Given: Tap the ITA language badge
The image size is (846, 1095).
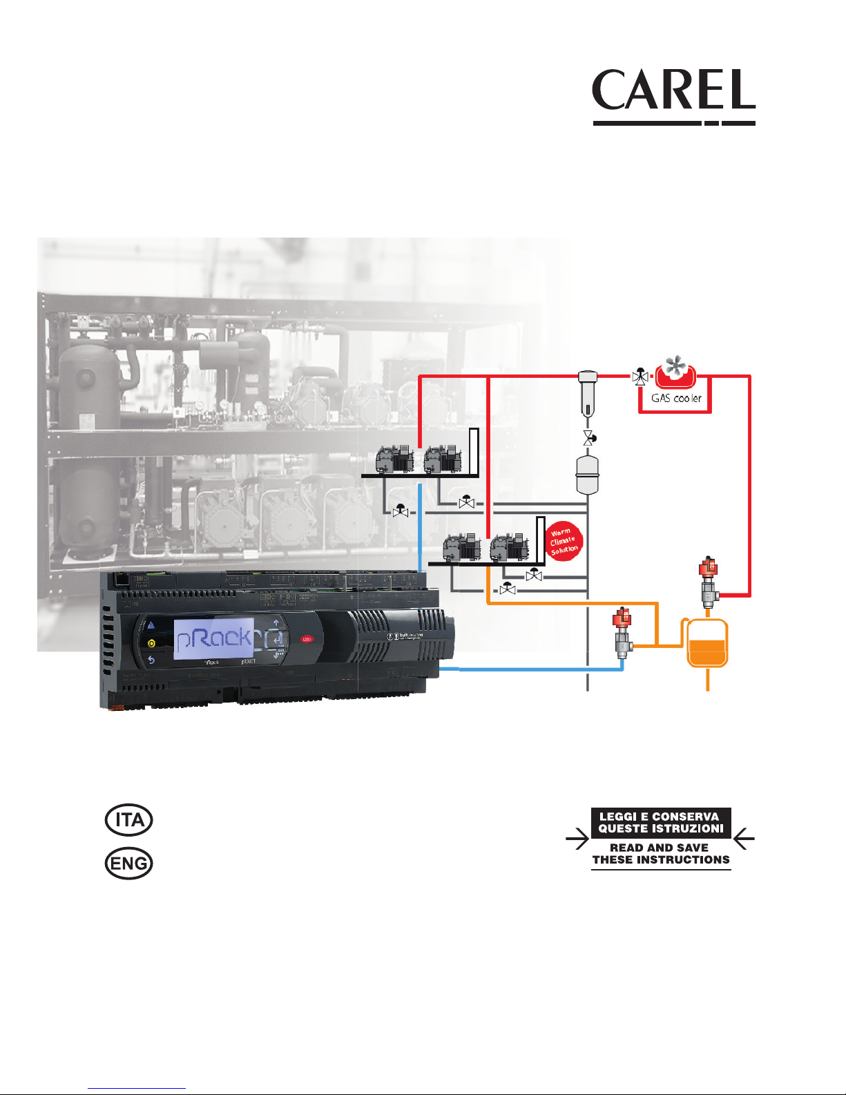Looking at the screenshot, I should pos(128,820).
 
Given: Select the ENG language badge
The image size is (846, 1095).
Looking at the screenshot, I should pos(128,864).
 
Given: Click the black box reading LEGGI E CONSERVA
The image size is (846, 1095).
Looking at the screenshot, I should pos(660,822).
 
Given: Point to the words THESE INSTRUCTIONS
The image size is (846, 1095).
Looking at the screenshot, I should pos(661,859).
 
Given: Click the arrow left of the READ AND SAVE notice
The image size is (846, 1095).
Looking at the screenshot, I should pos(577,840).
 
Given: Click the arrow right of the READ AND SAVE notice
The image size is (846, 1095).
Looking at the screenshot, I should pos(744,840).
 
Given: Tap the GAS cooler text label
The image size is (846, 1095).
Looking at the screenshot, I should pos(676,398).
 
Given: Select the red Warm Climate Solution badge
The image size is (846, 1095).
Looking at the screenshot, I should pos(564,542).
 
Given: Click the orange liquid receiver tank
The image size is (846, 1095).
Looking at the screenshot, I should pos(707,645).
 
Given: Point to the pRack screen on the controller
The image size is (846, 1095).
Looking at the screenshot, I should pos(213,638).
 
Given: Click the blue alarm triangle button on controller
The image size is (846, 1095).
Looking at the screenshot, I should pos(151,625).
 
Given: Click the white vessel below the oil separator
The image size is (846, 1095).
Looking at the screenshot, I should pos(586,475).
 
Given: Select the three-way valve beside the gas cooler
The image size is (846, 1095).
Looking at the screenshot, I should pos(641,377).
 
